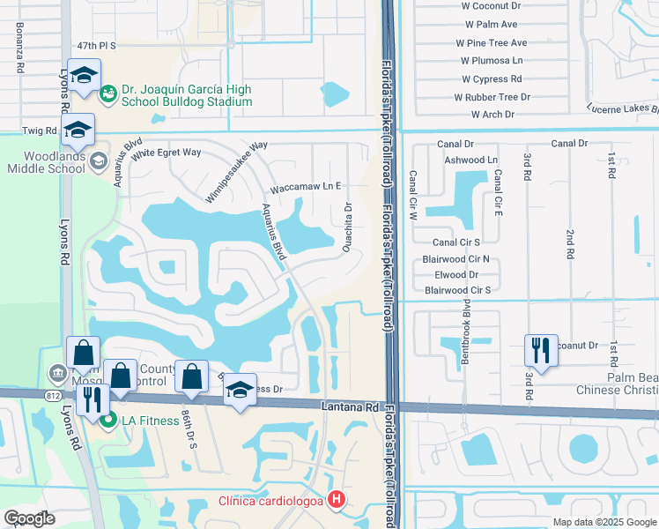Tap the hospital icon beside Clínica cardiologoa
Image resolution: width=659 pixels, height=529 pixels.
(336, 502)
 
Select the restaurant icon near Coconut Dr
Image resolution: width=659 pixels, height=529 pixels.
(540, 351)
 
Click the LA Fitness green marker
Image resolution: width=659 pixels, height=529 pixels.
(108, 421)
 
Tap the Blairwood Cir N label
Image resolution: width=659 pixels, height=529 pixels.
(467, 259)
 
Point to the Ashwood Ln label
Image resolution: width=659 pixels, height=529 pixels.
(471, 160)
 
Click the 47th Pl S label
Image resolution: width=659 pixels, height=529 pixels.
(97, 44)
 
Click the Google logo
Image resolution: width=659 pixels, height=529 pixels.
(30, 518)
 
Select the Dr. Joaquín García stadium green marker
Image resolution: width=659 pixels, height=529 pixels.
(108, 91)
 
